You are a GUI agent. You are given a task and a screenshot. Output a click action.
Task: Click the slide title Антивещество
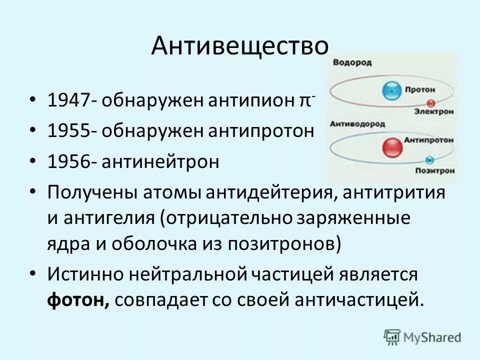point(240,45)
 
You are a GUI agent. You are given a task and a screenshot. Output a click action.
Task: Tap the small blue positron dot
point(429,160)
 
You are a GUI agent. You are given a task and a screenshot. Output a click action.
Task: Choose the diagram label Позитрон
point(434,170)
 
